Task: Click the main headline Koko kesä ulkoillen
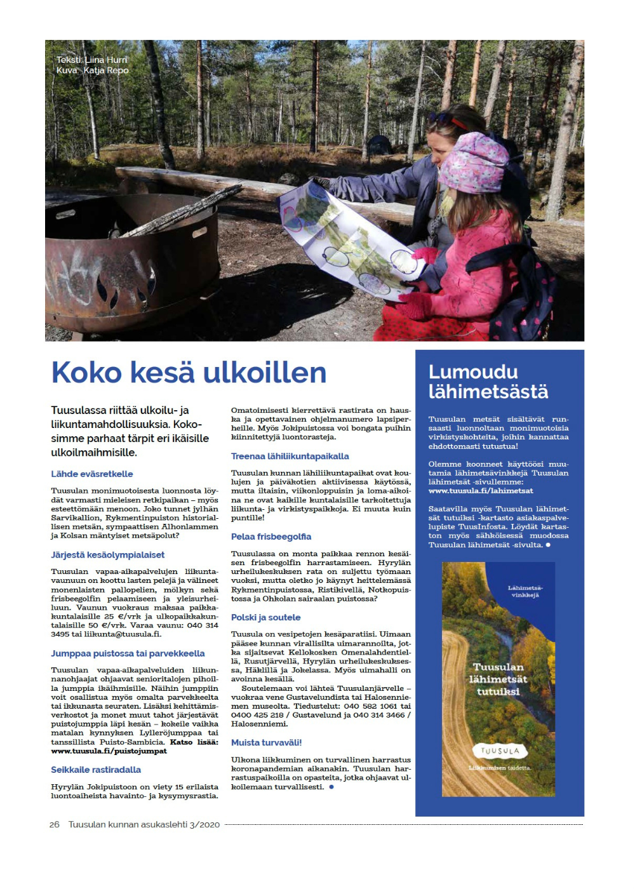click(x=189, y=373)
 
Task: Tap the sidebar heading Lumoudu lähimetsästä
click(x=488, y=382)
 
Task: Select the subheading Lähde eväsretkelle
click(x=92, y=474)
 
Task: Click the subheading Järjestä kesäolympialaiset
click(x=108, y=555)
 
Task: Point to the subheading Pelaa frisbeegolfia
click(x=271, y=537)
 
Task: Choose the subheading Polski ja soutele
click(x=265, y=617)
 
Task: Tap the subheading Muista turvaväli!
click(x=266, y=742)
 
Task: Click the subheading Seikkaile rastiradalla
click(x=96, y=770)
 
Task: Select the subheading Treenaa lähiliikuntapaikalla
click(x=290, y=456)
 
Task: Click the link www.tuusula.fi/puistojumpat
click(x=109, y=751)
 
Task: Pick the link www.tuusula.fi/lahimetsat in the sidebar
click(x=481, y=491)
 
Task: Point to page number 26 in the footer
click(x=55, y=824)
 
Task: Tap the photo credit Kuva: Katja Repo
click(x=93, y=70)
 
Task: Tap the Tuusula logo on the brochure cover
click(x=500, y=751)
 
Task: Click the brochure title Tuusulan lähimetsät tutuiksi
click(x=498, y=679)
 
